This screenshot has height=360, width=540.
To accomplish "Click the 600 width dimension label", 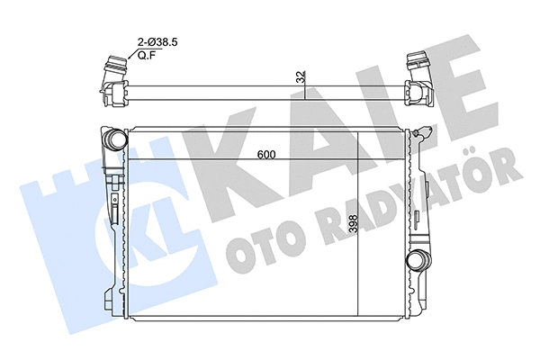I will (265, 154).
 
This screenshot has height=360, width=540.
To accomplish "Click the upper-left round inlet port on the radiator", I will (115, 139).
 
